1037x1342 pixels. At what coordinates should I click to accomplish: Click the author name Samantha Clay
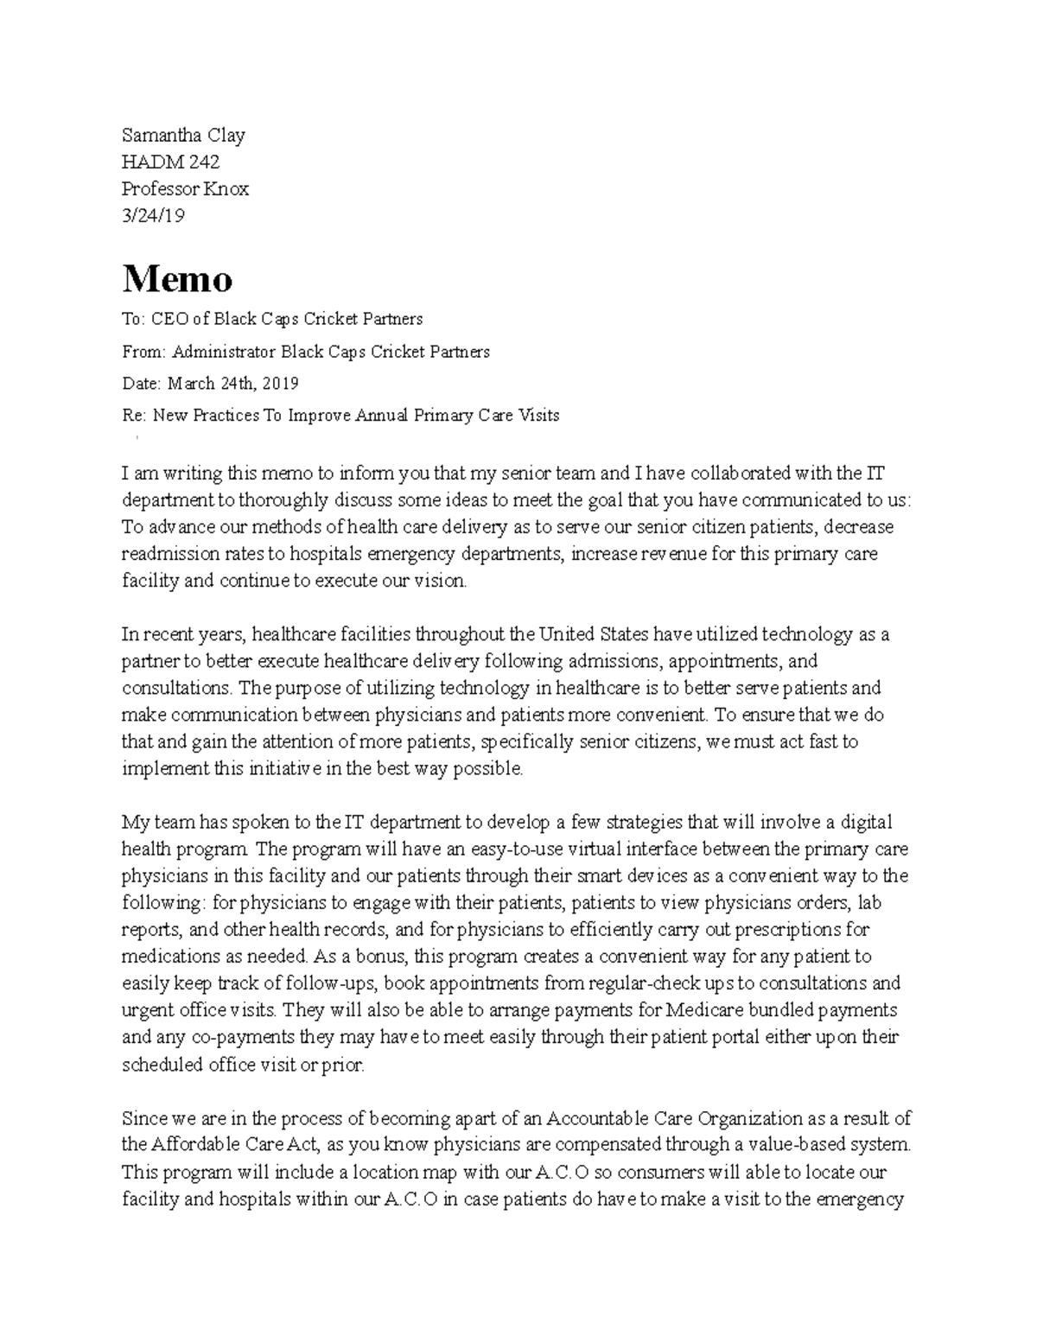[x=183, y=135]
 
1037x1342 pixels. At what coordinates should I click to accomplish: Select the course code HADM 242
[x=170, y=162]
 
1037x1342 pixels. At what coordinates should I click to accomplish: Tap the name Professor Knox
[x=185, y=188]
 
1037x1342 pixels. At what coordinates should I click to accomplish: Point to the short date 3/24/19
[x=153, y=215]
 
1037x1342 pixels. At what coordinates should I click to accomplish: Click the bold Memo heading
[x=177, y=279]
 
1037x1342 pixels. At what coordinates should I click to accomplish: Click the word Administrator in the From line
[x=223, y=352]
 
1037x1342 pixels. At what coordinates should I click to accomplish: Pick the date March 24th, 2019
[x=233, y=383]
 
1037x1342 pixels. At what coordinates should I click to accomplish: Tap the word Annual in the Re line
[x=382, y=416]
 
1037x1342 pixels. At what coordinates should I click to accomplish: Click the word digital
[x=867, y=822]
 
